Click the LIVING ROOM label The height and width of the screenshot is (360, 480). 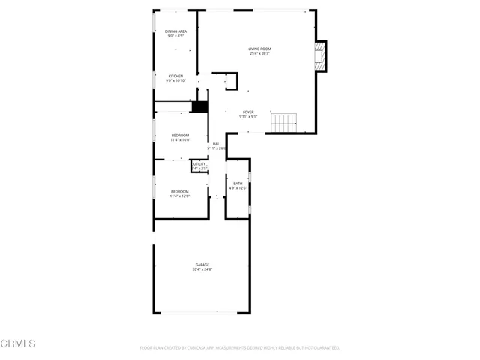pos(259,49)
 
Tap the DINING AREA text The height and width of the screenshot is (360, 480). pos(175,31)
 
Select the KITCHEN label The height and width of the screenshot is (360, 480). pos(175,76)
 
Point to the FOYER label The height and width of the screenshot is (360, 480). pos(248,112)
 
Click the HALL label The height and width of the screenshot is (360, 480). pos(217,143)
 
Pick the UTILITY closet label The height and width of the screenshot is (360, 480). pos(199,163)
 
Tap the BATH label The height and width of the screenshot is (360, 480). pos(238,184)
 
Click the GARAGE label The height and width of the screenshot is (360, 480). pos(202,265)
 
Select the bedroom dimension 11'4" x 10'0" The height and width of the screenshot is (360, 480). pos(180,140)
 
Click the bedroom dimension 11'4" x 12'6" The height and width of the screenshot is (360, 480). pos(180,196)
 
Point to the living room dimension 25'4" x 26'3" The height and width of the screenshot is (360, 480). pos(259,54)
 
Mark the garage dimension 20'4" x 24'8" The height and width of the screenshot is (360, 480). pos(202,269)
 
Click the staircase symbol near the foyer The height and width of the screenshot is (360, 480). pos(284,121)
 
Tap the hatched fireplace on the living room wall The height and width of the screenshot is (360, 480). pos(322,56)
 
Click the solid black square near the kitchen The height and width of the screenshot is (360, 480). pos(199,106)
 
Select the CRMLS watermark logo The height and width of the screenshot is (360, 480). pos(18,343)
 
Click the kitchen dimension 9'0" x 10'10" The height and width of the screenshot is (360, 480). pos(175,80)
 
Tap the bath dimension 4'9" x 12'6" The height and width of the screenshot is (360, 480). pos(238,188)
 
